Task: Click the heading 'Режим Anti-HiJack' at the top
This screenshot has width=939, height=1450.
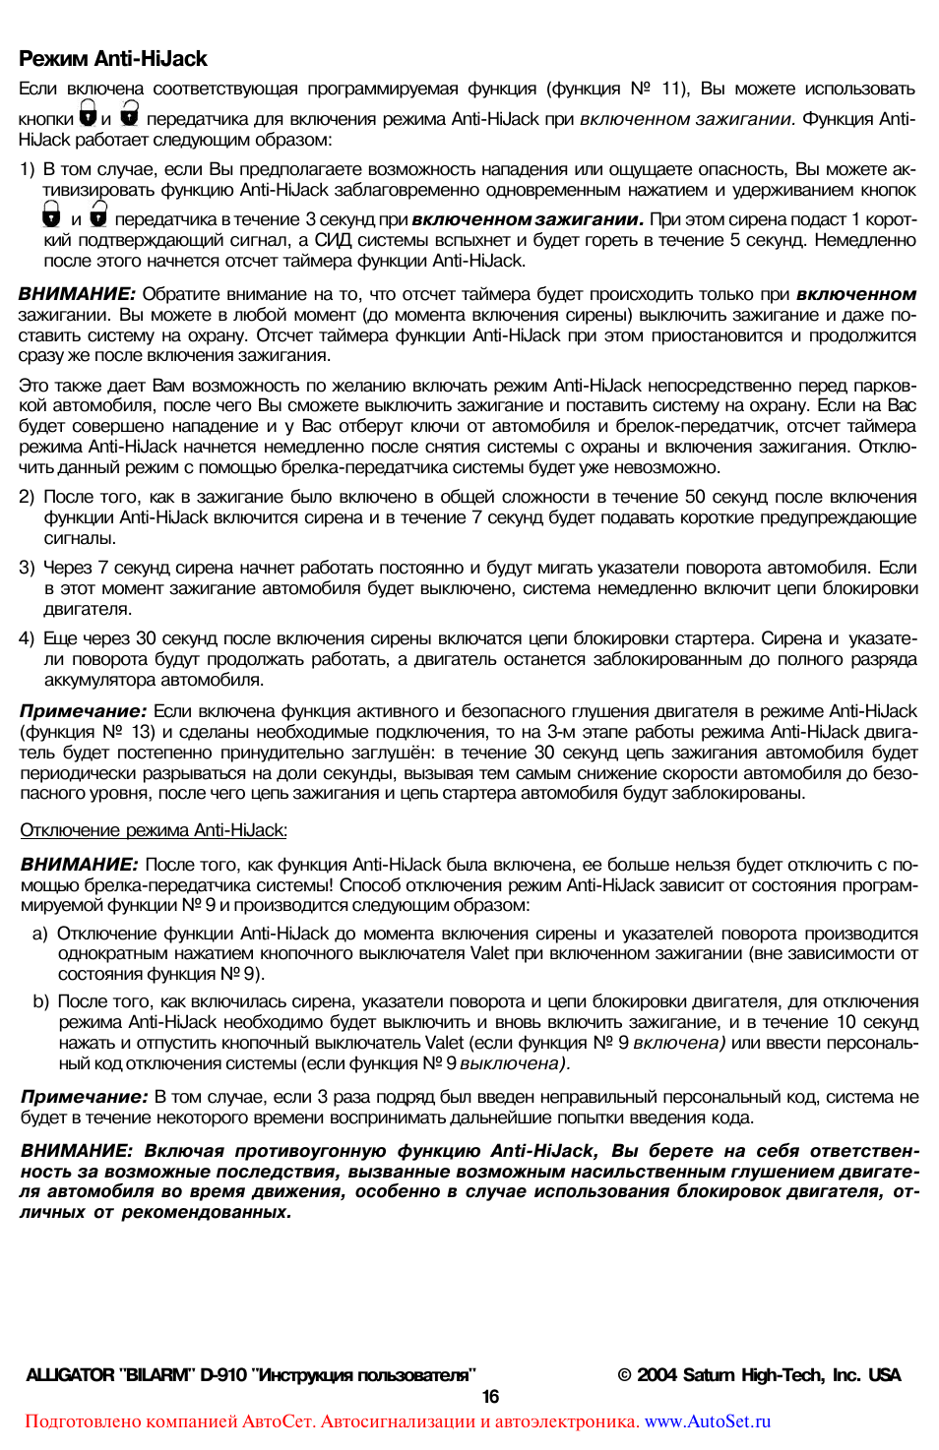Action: (x=113, y=59)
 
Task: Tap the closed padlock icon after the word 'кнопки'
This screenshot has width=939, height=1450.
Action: (x=88, y=114)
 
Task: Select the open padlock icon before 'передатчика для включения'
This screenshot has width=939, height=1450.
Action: (x=129, y=114)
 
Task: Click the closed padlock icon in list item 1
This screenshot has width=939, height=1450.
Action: (x=51, y=214)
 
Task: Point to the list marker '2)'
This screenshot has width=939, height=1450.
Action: (x=28, y=498)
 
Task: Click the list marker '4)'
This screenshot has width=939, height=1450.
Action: (x=28, y=639)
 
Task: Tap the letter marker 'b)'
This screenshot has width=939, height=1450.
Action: (x=40, y=1002)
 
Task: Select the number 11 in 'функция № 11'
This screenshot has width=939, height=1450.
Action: (x=672, y=90)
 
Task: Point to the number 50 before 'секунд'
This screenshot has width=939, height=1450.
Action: (x=695, y=498)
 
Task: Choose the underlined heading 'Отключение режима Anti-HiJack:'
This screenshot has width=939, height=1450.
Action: (x=154, y=831)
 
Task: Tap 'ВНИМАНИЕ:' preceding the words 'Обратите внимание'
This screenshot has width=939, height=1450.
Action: (x=77, y=294)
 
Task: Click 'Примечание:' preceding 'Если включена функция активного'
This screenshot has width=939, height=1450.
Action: (x=84, y=711)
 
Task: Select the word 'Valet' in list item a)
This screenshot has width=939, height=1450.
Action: (x=489, y=954)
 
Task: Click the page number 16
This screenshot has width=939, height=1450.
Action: (x=490, y=1397)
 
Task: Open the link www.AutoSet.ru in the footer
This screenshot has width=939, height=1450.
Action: (x=708, y=1422)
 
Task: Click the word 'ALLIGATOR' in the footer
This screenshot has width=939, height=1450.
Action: (x=70, y=1375)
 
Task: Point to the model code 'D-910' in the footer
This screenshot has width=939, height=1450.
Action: (x=223, y=1375)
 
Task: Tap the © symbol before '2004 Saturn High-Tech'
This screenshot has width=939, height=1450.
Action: (x=624, y=1375)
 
